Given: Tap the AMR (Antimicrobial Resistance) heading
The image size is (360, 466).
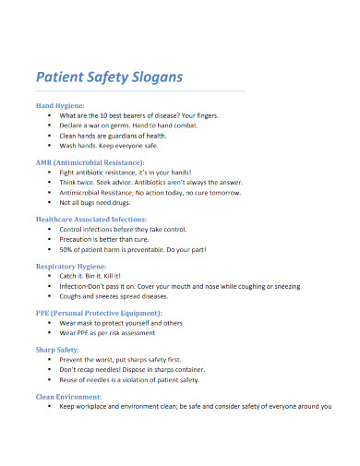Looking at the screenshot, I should coord(91,162).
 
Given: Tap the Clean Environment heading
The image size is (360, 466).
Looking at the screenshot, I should coord(73,397).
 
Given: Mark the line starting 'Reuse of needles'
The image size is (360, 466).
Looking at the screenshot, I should coord(129,379).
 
